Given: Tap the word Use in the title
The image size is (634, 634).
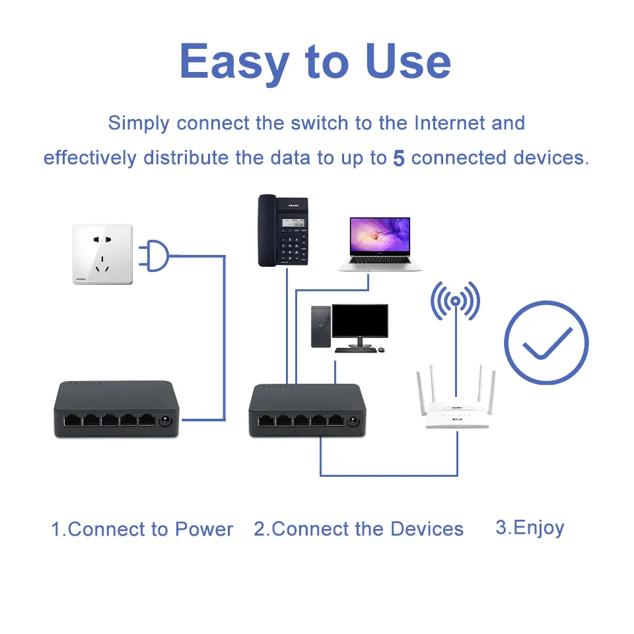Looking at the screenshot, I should pos(408,61).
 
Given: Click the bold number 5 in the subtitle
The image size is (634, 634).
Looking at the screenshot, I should pos(398,158).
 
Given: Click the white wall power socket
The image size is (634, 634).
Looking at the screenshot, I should pos(102,254).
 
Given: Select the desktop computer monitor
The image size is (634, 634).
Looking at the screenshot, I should pos(359,322).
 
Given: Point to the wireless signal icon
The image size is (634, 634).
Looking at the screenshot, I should pos(455,302).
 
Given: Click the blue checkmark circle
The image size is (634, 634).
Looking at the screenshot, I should pos(546,342).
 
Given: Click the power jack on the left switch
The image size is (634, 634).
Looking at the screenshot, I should pos(165,420).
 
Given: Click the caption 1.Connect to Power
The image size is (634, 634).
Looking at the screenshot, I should pos(142,529).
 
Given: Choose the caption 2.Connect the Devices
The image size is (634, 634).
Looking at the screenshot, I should pos(359,529).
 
